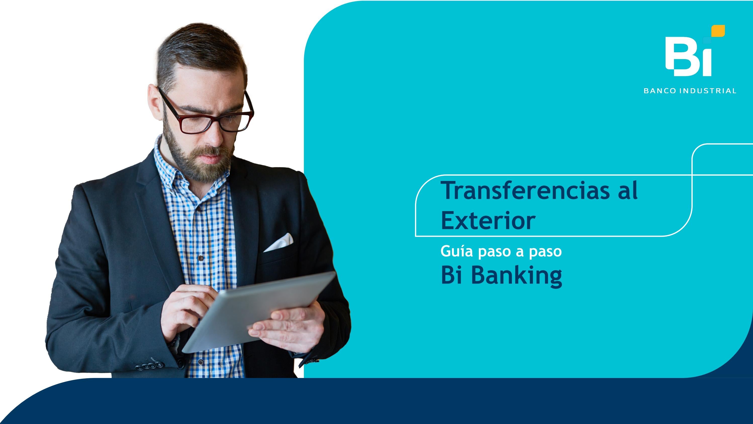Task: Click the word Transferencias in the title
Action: click(x=525, y=191)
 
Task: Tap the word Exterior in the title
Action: click(x=488, y=221)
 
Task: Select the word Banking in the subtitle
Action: click(x=516, y=275)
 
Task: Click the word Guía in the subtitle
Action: click(x=456, y=251)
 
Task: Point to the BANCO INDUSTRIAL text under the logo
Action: click(x=690, y=91)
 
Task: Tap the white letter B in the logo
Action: click(x=678, y=57)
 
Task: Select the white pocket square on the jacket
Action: click(x=279, y=242)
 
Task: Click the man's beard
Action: click(x=199, y=164)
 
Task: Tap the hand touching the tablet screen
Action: click(x=187, y=307)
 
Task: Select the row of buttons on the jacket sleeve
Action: click(x=149, y=365)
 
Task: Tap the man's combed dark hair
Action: click(x=199, y=50)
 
